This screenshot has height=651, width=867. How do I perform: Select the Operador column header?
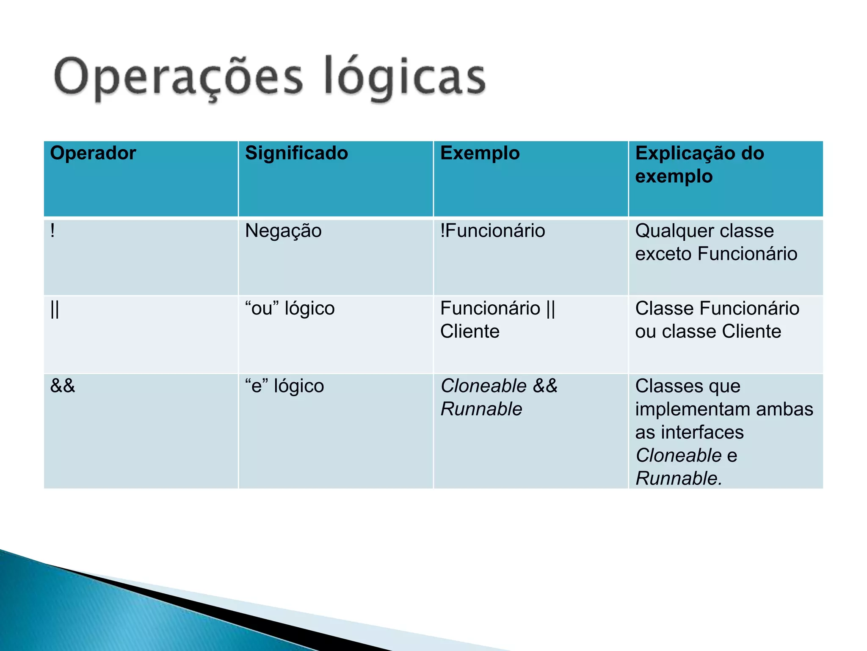(x=93, y=153)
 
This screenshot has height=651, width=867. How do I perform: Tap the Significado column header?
(x=296, y=153)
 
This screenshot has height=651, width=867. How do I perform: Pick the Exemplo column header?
(x=480, y=153)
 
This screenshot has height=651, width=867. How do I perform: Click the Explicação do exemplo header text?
(x=699, y=164)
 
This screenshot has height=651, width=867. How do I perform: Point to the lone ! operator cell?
(x=52, y=231)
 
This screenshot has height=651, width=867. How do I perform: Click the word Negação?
(x=283, y=231)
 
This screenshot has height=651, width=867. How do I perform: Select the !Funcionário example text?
(x=492, y=231)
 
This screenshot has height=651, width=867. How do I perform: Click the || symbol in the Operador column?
(x=55, y=309)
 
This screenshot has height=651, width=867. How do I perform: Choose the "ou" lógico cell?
(x=290, y=309)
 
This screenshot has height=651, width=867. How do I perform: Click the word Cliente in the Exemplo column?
(x=469, y=331)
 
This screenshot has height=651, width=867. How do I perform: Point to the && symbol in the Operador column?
(x=63, y=386)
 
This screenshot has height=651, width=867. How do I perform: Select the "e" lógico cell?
(x=284, y=386)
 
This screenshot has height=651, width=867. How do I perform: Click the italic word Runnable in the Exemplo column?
(x=481, y=409)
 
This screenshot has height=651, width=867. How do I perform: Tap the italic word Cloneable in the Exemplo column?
(x=483, y=386)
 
